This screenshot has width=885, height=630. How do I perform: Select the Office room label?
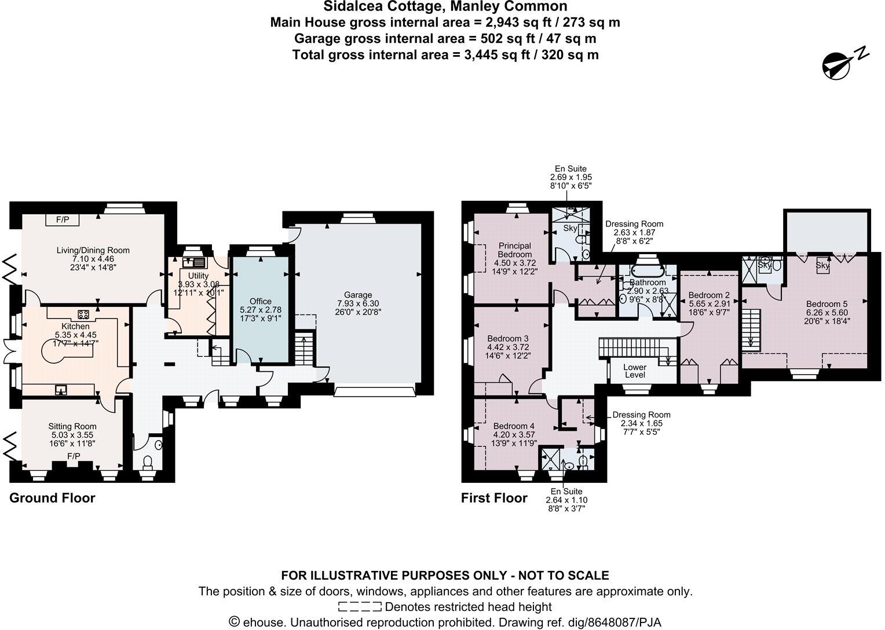[260, 301]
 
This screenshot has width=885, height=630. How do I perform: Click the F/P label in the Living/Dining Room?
[63, 219]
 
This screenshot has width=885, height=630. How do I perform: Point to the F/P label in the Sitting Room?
[74, 456]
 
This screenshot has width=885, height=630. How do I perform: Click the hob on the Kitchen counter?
[83, 314]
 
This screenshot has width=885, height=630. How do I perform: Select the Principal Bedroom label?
[514, 250]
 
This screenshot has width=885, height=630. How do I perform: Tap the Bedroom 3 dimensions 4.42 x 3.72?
[507, 347]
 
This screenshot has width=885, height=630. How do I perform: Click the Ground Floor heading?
[52, 498]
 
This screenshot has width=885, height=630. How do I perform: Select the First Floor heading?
[494, 498]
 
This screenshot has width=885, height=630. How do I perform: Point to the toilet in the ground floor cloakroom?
[148, 461]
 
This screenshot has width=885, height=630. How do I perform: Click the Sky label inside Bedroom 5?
[822, 265]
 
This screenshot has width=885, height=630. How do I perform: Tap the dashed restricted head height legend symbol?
[359, 607]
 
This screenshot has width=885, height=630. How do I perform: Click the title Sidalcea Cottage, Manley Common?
[445, 7]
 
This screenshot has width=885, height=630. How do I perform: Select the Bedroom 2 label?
[709, 295]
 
